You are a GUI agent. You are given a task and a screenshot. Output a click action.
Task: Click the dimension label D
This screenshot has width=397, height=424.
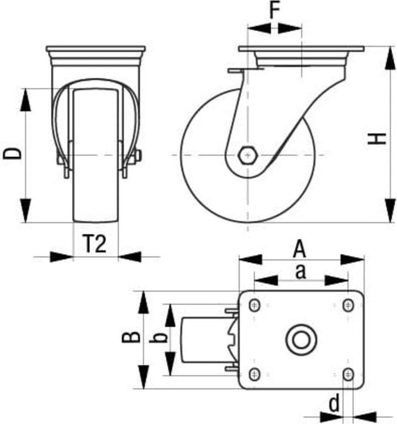(x=13, y=154)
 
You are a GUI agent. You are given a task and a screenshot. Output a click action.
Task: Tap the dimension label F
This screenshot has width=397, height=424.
(x=274, y=11)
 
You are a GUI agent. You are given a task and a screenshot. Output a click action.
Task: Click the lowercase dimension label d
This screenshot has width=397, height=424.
(x=334, y=404)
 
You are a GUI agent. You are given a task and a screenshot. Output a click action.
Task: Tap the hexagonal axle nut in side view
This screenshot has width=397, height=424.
(x=247, y=155)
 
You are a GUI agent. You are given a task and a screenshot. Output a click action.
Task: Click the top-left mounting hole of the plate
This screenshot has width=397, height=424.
(x=254, y=305)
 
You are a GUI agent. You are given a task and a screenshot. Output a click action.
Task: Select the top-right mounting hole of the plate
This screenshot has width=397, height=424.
(x=348, y=305)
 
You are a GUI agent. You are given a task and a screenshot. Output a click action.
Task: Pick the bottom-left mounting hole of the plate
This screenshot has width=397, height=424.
(x=254, y=373)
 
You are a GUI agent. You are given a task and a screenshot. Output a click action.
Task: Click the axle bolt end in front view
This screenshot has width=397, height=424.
(x=138, y=155)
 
